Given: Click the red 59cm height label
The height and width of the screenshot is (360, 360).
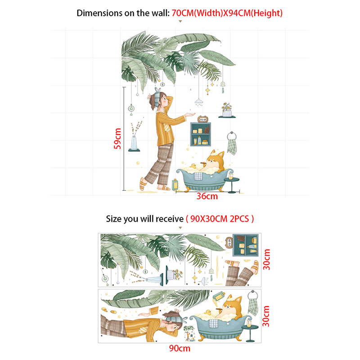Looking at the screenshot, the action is (117, 139).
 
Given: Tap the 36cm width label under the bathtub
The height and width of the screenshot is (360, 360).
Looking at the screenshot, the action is (207, 196).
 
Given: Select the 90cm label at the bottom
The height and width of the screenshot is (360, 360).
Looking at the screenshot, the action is (180, 348).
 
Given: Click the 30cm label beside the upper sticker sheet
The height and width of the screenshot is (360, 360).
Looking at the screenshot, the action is (266, 260).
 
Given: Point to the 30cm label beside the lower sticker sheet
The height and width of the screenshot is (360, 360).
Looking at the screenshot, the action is (266, 316).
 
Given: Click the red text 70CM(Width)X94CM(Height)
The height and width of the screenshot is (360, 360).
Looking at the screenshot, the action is (227, 13).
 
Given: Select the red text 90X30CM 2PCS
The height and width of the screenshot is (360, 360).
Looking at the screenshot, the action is (220, 219).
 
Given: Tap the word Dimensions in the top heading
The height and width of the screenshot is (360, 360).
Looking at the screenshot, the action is (99, 13).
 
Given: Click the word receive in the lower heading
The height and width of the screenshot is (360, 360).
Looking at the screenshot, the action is (170, 219).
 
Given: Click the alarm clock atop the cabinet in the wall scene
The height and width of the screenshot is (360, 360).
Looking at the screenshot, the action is (203, 119).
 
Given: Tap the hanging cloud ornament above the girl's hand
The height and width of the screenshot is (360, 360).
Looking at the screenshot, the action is (199, 102).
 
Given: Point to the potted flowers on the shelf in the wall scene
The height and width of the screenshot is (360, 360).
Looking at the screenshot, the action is (227, 110).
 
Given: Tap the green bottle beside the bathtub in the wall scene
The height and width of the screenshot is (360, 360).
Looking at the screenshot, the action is (175, 184).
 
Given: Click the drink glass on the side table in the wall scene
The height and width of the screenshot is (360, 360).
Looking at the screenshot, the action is (231, 176).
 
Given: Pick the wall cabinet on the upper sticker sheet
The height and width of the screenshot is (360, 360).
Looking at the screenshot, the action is (245, 245).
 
